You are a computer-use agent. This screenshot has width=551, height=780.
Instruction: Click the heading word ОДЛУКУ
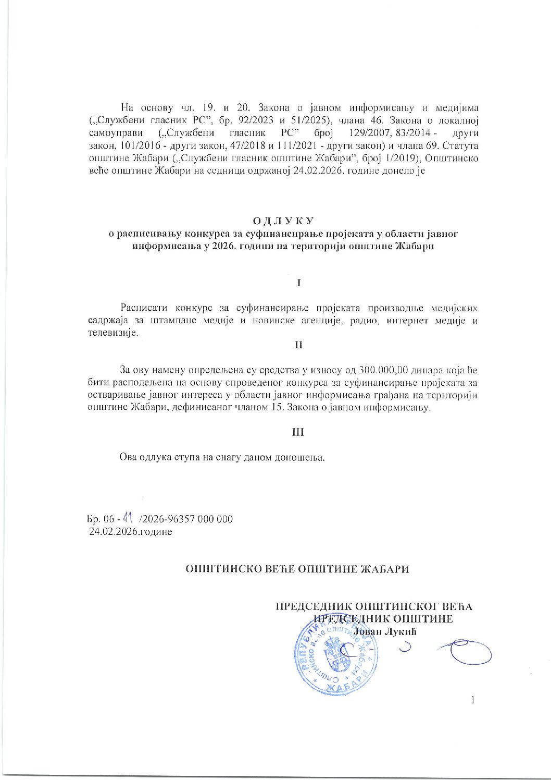click(x=283, y=222)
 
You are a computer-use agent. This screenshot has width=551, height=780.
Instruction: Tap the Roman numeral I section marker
click(x=298, y=283)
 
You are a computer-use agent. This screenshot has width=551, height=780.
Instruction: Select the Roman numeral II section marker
click(x=298, y=345)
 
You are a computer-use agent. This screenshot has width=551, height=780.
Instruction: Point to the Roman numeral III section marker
click(x=298, y=432)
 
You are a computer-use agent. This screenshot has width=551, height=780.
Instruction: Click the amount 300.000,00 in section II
click(x=383, y=370)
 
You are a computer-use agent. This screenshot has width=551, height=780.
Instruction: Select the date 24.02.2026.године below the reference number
click(x=131, y=532)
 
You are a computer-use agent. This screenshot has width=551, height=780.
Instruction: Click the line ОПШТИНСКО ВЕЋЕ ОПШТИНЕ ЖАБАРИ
click(x=297, y=569)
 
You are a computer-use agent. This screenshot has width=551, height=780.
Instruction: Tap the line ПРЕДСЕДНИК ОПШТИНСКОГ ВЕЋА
click(x=373, y=606)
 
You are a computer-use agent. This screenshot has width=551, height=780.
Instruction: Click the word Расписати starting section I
click(x=145, y=308)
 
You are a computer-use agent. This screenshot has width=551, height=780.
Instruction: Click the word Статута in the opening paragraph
click(x=461, y=145)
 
